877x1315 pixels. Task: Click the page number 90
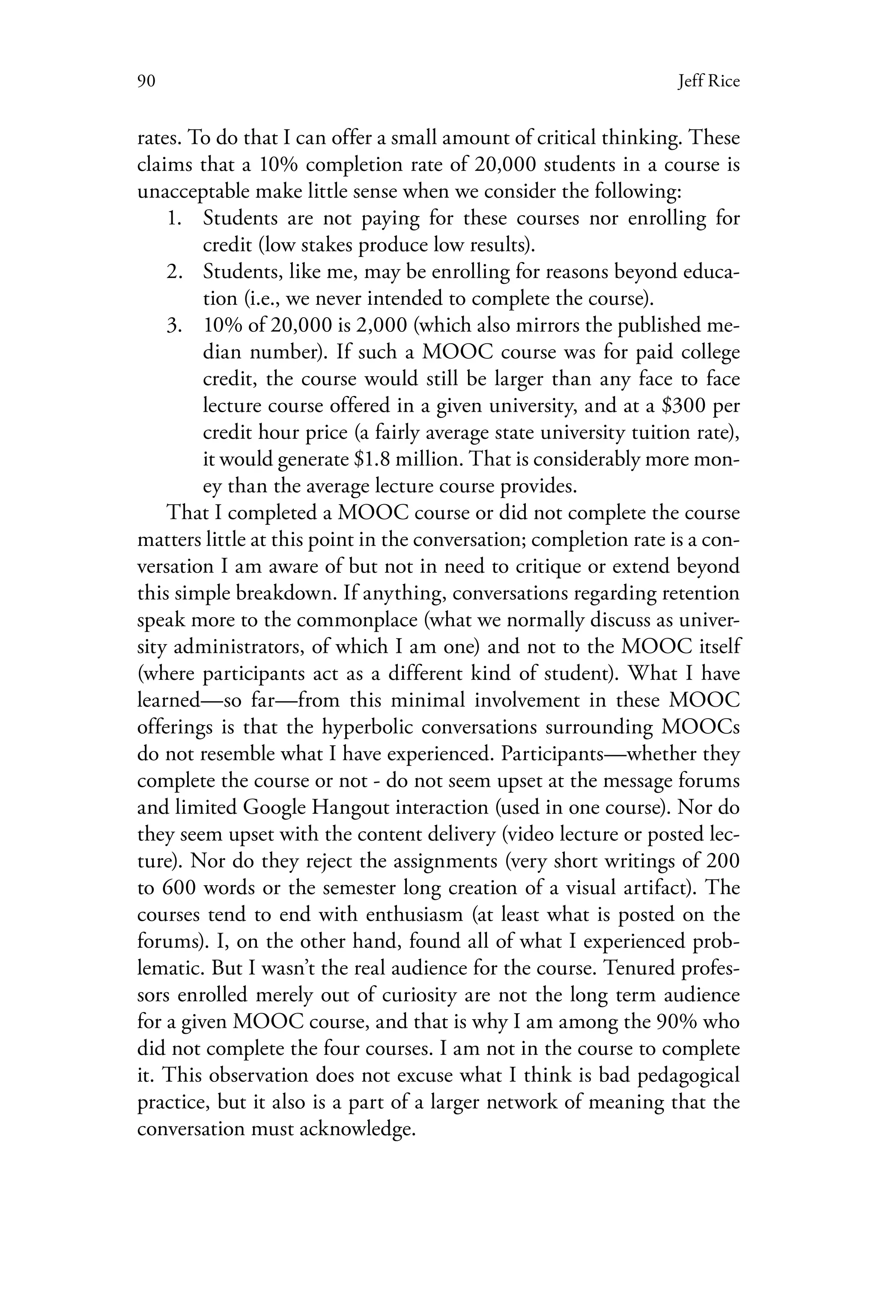click(x=146, y=82)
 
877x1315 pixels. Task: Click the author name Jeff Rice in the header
click(x=708, y=82)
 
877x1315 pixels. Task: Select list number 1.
click(x=175, y=218)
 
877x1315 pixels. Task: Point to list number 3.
click(x=175, y=325)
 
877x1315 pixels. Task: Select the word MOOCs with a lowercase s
click(x=700, y=727)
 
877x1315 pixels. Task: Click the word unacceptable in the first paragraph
click(x=194, y=191)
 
